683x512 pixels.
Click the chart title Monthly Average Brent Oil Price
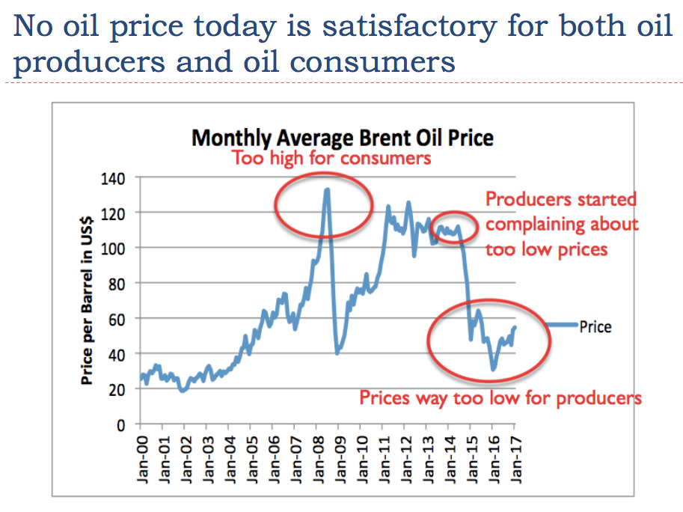coord(343,138)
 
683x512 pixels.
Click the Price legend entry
coord(595,327)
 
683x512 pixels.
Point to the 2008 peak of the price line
coord(327,189)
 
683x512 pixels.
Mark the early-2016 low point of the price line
coord(493,369)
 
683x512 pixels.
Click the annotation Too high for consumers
coord(332,159)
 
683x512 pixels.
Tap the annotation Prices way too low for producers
coord(500,397)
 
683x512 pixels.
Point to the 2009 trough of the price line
coord(337,353)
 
